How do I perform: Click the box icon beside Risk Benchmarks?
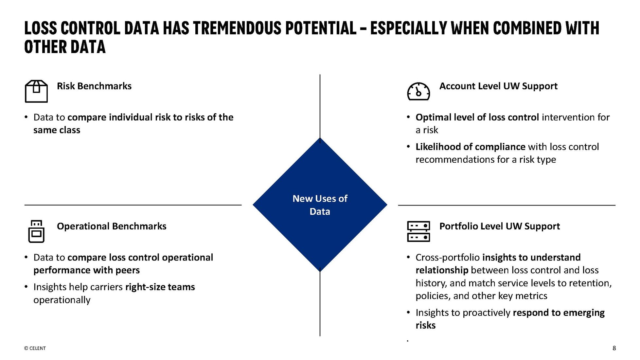tap(36, 91)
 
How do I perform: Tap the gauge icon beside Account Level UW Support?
tap(418, 91)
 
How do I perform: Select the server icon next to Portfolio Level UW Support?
tap(418, 231)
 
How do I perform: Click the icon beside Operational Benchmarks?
tap(36, 231)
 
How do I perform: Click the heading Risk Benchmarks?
tap(94, 86)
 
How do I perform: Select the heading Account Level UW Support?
tap(498, 86)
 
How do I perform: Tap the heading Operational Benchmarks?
tap(111, 226)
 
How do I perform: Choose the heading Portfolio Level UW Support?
tap(499, 226)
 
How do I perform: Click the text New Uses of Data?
tap(320, 205)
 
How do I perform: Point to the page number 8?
tap(614, 348)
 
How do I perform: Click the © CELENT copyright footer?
tap(35, 348)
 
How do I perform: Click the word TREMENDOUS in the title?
tap(237, 28)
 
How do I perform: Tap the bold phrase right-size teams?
tap(160, 287)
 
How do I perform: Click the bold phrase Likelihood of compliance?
tap(470, 147)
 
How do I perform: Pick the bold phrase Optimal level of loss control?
tap(477, 117)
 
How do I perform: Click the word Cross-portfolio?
tap(447, 258)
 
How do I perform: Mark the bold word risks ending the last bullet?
tap(425, 325)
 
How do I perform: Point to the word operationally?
tap(62, 300)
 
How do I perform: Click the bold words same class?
tap(57, 130)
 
